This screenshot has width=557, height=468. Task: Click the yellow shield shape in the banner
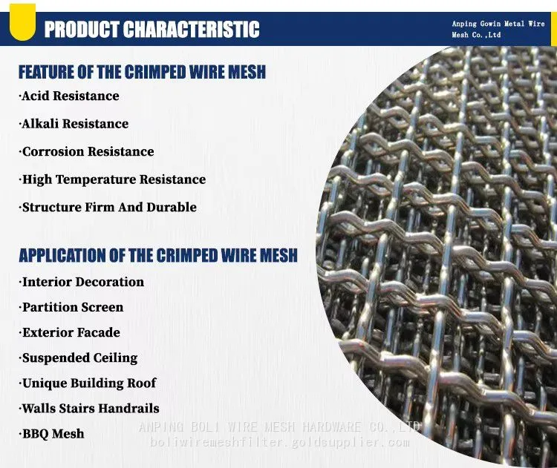coord(22,22)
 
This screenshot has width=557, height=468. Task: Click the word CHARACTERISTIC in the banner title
coord(192,29)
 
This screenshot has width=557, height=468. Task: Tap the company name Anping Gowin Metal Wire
coord(498,24)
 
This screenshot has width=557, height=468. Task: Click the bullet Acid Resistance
coord(69,96)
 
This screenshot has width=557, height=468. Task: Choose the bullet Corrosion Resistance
coord(86,151)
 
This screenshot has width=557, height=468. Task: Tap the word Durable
coord(172,207)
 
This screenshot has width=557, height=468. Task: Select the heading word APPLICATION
coord(62,255)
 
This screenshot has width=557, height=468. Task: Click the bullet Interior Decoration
coord(82,282)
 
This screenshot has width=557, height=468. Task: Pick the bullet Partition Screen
coord(71,307)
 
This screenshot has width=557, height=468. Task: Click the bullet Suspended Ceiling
coord(78,358)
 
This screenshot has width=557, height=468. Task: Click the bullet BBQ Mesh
coord(51,434)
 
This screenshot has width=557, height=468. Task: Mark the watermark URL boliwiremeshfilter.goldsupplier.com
coord(280,443)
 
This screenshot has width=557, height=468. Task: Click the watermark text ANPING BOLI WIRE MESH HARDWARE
coord(250,427)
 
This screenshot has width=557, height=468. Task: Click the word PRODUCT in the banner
coord(82,29)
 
